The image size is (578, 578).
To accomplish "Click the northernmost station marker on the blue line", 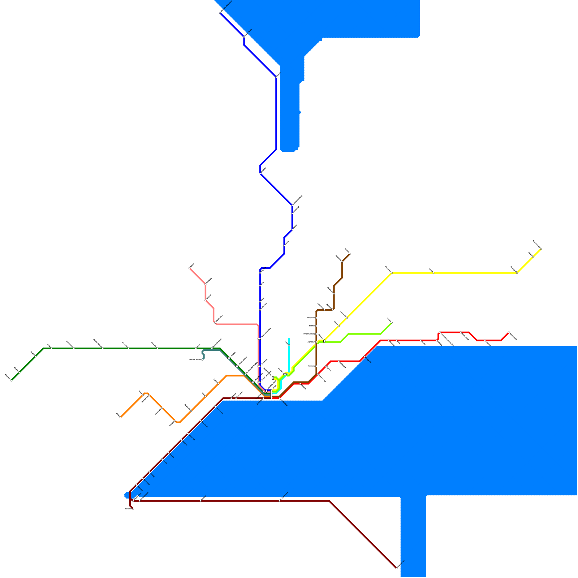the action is coord(220,13).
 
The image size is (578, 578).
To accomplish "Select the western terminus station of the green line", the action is coord(12,380).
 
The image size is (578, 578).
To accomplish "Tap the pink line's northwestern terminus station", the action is coord(190,268).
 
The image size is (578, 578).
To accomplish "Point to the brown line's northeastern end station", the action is coord(350,254).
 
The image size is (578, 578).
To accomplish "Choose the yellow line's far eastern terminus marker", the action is coord(541,249).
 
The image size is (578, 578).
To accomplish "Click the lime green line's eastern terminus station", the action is coord(392,323).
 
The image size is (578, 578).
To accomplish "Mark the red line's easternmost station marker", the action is coord(509,332).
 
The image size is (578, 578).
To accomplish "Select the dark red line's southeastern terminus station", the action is coord(397,568).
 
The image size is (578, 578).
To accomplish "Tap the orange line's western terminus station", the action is coord(120,417).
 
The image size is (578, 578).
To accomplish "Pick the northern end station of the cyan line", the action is coord(289,345).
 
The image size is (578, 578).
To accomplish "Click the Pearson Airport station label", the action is coord(195,359).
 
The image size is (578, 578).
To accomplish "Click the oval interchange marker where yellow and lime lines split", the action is coord(324,341).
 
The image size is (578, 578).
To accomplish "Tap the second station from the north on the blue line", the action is coord(245,36).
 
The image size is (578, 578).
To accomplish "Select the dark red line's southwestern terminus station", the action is coord(133,509).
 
